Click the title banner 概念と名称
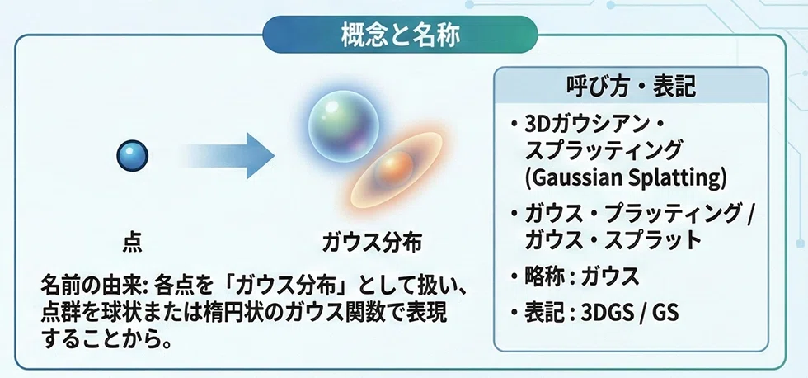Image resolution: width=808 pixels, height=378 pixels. (x=400, y=35)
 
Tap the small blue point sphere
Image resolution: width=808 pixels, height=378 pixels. (x=133, y=156)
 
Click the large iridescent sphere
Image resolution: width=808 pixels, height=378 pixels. (x=343, y=125)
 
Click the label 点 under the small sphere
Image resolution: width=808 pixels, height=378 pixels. (x=133, y=243)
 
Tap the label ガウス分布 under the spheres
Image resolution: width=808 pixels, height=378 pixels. (x=372, y=243)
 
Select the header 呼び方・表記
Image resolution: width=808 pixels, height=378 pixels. (x=630, y=87)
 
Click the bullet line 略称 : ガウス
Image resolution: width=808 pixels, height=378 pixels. (x=582, y=276)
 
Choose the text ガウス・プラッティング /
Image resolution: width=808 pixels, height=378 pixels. (x=639, y=215)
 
